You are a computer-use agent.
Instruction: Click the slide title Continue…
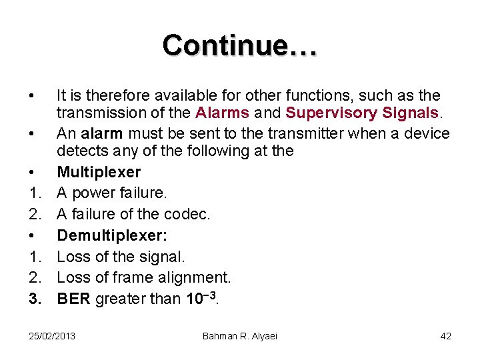(240, 45)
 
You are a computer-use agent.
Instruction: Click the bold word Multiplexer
(99, 172)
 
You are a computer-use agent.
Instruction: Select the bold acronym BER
(74, 299)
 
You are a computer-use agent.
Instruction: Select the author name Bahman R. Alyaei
(239, 336)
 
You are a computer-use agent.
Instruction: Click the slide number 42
(445, 336)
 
